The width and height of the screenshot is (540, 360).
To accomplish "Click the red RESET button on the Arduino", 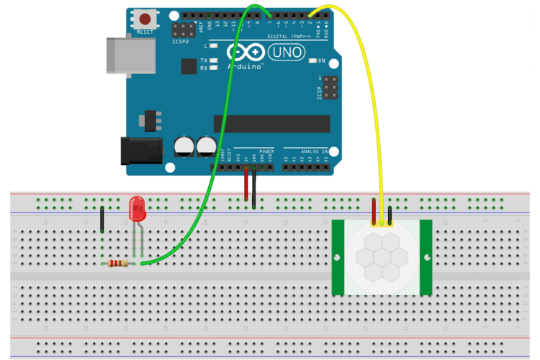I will pyautogui.click(x=145, y=19).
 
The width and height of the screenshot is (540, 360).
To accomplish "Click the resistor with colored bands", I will pyautogui.click(x=119, y=264).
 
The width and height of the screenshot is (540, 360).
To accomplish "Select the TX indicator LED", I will pyautogui.click(x=215, y=60).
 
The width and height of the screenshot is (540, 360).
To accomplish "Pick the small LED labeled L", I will pyautogui.click(x=215, y=45).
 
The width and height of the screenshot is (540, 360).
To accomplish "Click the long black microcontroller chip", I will pyautogui.click(x=271, y=123).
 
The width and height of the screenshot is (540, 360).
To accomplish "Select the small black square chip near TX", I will pyautogui.click(x=189, y=66).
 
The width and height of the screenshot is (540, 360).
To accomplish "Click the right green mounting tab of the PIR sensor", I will pyautogui.click(x=426, y=257).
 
